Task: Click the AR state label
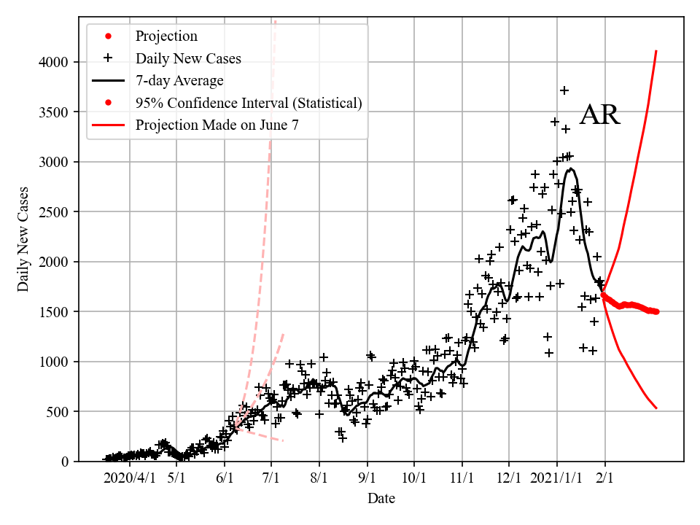coord(599,115)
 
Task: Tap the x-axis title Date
coord(381,499)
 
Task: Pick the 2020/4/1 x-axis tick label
coord(129,478)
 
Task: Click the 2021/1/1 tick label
coord(557,478)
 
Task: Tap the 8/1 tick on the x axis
coord(319,478)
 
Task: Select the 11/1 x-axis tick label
coord(462,478)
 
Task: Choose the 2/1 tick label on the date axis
coord(604,478)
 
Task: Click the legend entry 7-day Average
coord(179,80)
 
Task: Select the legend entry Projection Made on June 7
coord(217,125)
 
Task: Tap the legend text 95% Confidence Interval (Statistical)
coord(248,103)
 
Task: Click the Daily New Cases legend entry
coord(188,58)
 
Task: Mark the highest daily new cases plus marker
coord(564,90)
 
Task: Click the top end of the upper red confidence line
coord(656,51)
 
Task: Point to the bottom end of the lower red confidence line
coord(656,408)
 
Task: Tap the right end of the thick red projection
coord(656,311)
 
